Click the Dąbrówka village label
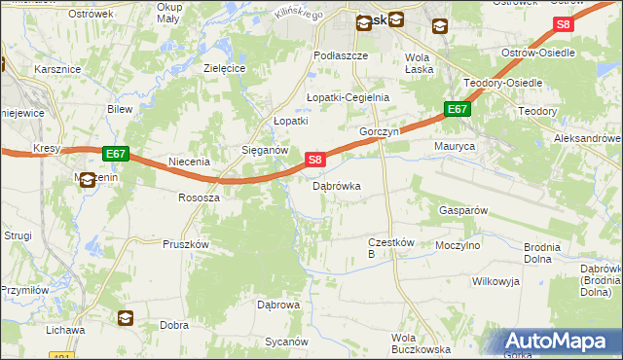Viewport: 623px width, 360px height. coord(337,186)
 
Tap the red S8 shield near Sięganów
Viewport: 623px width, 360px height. coord(313,159)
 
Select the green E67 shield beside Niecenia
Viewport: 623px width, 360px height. coord(115,154)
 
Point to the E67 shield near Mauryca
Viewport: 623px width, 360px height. coord(458,110)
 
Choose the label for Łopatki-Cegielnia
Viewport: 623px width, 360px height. coord(348,97)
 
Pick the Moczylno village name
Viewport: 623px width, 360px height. coord(458,246)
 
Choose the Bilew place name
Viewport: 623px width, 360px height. coord(120,109)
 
